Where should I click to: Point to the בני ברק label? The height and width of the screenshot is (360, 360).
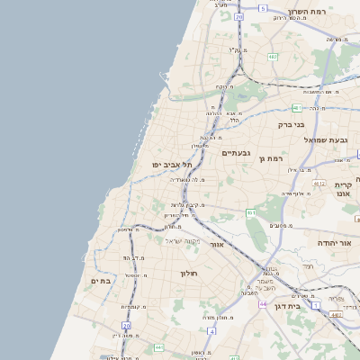coord(292,124)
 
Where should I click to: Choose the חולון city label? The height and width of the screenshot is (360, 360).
coord(189,273)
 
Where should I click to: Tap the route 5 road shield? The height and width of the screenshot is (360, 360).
coord(263,8)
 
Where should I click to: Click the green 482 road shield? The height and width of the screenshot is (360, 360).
coord(273,58)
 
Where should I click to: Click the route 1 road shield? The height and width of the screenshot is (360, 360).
coord(316,305)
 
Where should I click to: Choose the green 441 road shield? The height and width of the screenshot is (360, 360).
coord(158,347)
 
